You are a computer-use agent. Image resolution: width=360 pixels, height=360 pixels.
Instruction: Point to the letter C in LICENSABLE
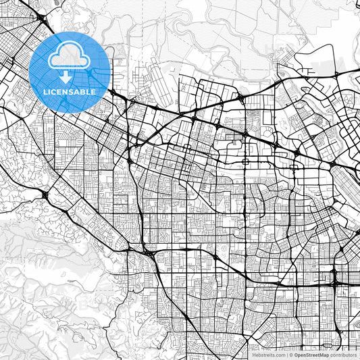(54, 92)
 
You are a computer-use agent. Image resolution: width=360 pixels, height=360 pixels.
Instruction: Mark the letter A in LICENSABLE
(77, 92)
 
